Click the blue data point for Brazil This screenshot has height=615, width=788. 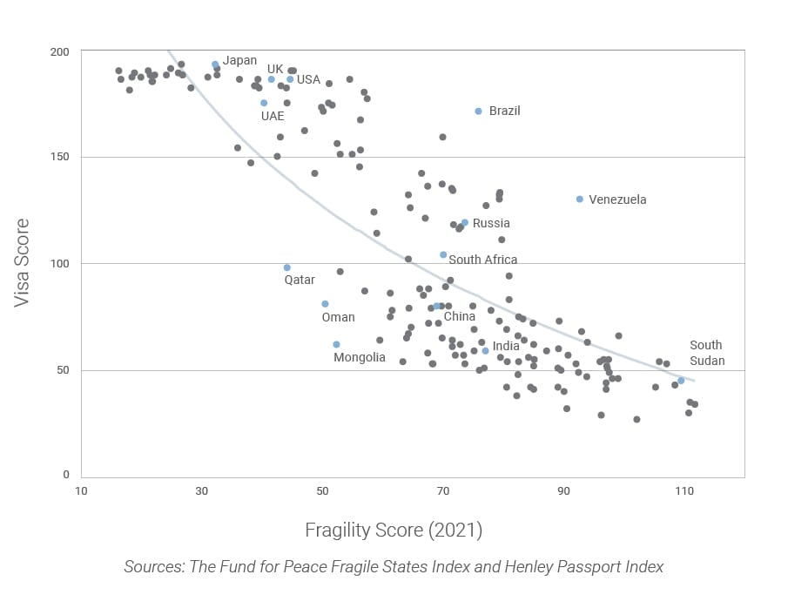coord(478,112)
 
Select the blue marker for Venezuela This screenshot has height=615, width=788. coord(580,199)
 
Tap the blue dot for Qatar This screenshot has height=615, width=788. coord(286,267)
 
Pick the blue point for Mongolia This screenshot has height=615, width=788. coord(336,344)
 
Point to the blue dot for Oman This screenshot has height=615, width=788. coord(325,304)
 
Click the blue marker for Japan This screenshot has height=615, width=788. coord(215,64)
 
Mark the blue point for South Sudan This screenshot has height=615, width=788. coord(681,381)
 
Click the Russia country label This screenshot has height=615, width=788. coord(491,224)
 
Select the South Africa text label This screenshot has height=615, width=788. coord(482,260)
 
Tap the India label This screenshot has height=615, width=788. coord(506,347)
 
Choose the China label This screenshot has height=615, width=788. coord(459,316)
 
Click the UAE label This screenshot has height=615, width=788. coord(273,116)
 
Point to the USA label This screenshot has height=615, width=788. coord(308,79)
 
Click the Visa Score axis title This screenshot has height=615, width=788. coord(24,262)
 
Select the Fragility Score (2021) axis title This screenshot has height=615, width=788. coord(394,530)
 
